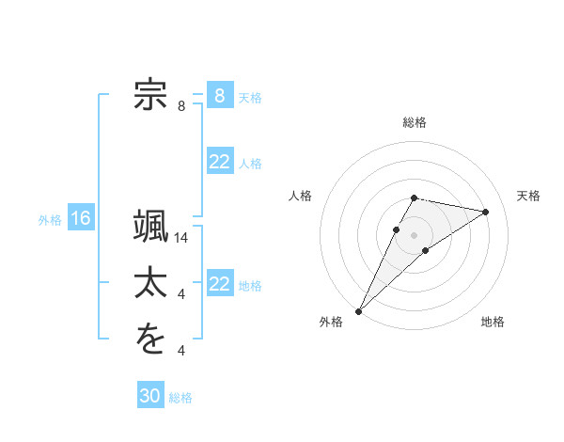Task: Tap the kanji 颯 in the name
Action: click(x=150, y=229)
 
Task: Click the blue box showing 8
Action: click(x=220, y=96)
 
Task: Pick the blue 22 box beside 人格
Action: click(x=220, y=162)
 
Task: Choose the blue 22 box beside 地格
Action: click(x=220, y=284)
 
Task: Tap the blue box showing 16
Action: click(x=81, y=219)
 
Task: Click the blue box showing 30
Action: click(x=150, y=396)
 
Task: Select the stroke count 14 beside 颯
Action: click(x=182, y=239)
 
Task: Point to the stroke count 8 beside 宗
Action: click(x=181, y=106)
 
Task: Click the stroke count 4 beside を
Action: click(x=181, y=351)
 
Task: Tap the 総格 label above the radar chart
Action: click(x=415, y=122)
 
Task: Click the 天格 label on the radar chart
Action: click(x=528, y=196)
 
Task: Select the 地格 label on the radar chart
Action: click(x=493, y=322)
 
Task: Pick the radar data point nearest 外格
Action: click(x=358, y=311)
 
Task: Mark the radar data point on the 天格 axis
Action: click(x=486, y=212)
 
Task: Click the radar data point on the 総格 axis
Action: click(x=415, y=197)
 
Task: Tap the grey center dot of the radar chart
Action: click(x=415, y=235)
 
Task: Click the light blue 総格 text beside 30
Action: click(x=180, y=397)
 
